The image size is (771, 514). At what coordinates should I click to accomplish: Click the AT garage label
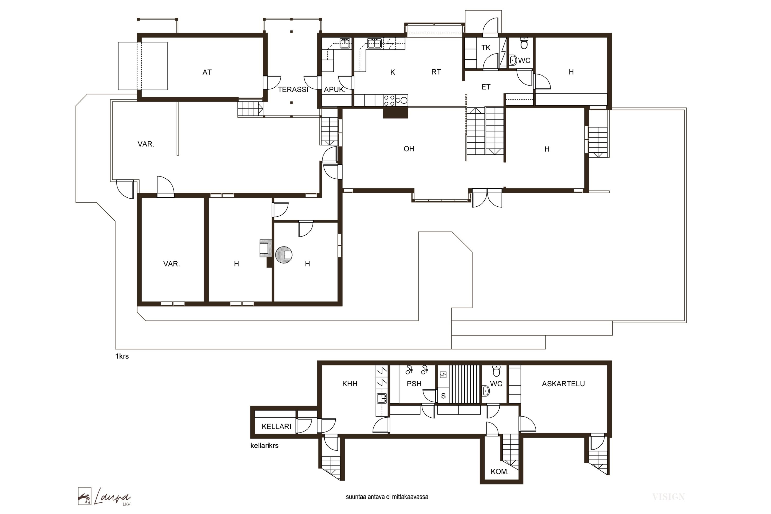[207, 72]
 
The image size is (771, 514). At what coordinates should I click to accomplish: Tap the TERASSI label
[293, 89]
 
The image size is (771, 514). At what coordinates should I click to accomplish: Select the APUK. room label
[335, 89]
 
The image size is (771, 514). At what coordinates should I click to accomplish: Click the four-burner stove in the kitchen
[389, 100]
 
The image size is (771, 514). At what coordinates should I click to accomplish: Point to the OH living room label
[409, 149]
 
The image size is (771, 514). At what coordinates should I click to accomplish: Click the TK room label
[486, 48]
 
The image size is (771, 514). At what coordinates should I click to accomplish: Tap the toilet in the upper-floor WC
[524, 43]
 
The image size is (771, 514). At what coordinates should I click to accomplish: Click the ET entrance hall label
[486, 87]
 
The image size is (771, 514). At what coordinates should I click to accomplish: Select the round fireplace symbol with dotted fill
[284, 255]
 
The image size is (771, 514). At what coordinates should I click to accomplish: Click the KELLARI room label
[276, 426]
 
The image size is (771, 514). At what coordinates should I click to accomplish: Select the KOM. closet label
[500, 472]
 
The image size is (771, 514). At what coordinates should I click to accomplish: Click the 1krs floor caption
[122, 356]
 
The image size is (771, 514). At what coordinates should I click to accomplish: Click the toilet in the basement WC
[496, 371]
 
